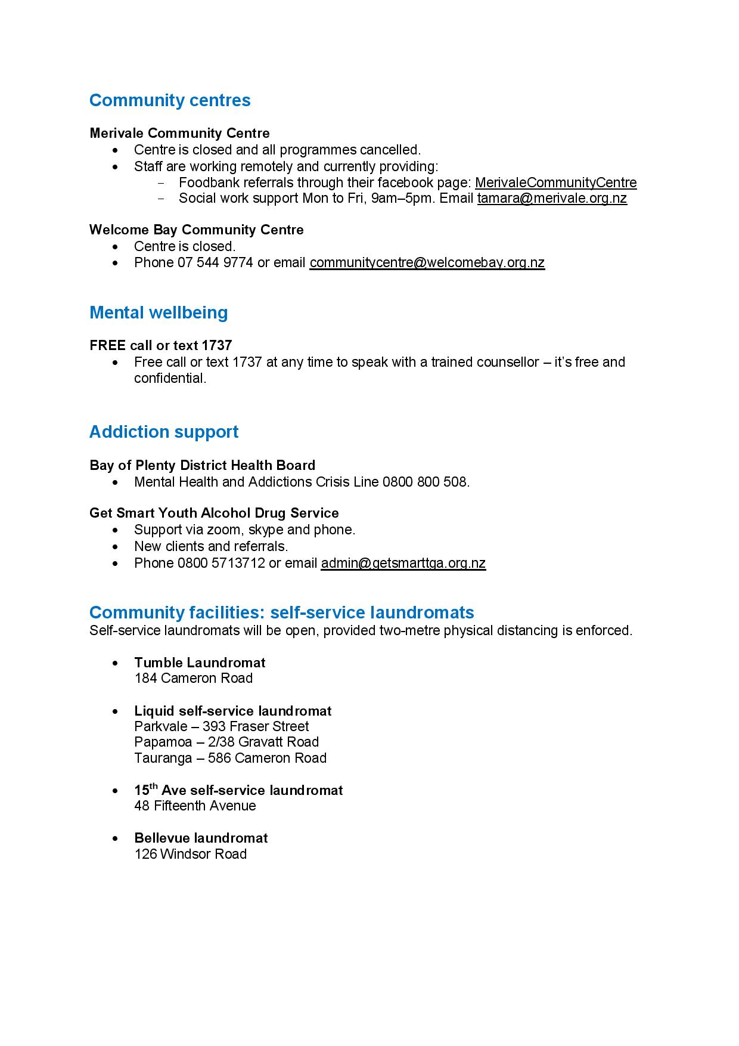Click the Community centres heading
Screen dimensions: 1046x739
170,100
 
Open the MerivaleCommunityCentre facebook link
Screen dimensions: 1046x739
555,182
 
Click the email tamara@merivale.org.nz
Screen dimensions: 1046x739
552,198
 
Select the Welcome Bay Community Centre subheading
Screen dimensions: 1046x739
196,230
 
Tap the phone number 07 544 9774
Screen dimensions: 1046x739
215,262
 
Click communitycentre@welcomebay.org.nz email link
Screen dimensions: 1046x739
427,262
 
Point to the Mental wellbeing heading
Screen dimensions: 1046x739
159,312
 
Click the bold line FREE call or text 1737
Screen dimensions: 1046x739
161,345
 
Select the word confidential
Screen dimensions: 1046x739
170,378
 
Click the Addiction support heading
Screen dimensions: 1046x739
164,432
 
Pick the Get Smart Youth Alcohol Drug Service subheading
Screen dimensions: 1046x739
214,513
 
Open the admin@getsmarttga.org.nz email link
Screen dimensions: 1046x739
403,563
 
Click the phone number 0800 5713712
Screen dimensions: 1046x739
221,563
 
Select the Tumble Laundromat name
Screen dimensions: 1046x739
200,663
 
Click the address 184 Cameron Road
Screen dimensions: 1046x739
194,678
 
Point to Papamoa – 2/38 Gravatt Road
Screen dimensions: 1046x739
226,742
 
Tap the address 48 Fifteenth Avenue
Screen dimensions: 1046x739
195,806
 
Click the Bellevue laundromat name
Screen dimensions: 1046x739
201,838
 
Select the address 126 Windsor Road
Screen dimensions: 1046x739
191,854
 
